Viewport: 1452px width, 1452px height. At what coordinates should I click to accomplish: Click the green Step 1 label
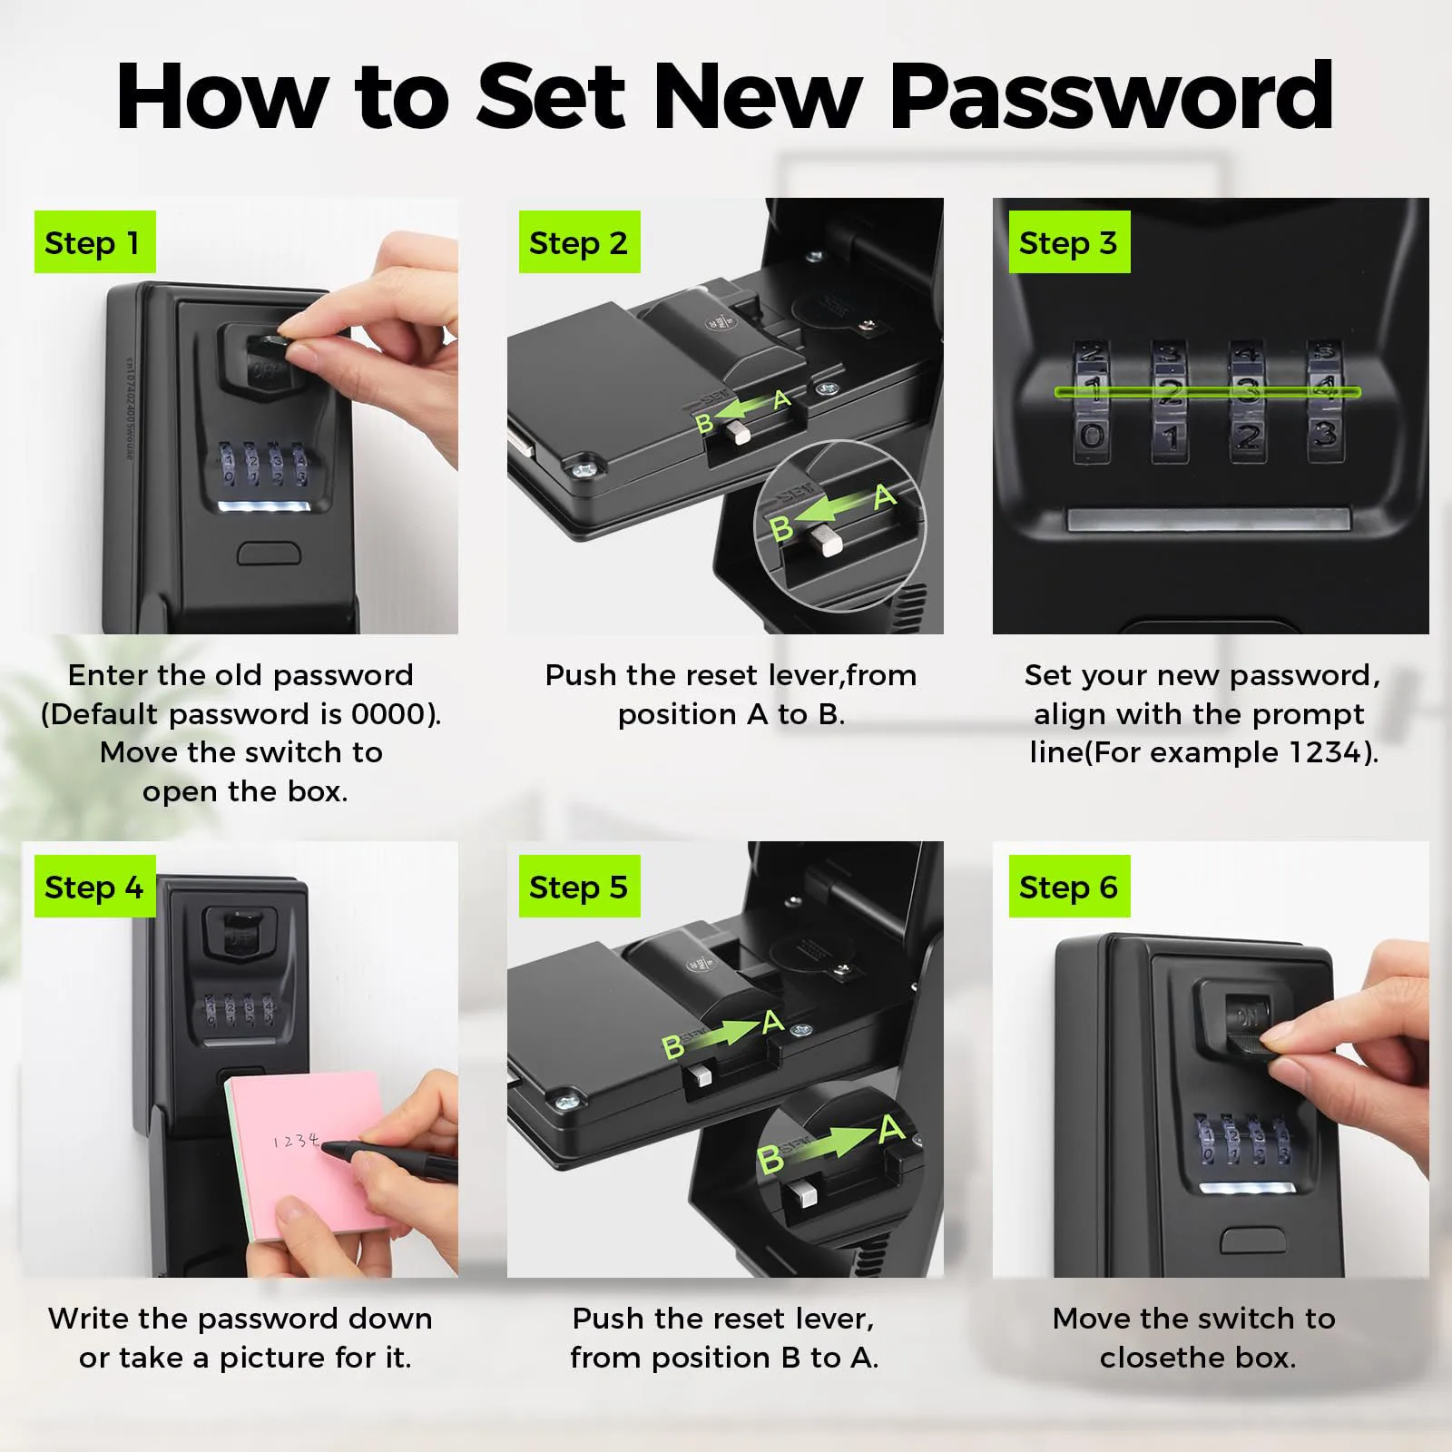pos(94,242)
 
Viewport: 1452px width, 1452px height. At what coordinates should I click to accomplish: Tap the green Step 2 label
pos(579,242)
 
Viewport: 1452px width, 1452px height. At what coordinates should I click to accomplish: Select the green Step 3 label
pos(1069,242)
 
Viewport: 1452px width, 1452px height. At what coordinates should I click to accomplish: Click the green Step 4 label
pos(94,887)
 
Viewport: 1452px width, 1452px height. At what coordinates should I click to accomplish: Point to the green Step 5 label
pos(579,887)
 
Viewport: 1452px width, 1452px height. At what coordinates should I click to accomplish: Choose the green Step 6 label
pos(1069,887)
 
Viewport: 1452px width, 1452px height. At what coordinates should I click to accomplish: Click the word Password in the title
pos(1112,97)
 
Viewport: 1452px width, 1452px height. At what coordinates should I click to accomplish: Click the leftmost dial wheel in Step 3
pos(1093,402)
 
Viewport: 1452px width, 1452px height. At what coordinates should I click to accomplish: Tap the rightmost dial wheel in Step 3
pos(1325,402)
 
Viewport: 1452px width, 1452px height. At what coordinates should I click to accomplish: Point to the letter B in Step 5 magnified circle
pos(770,1159)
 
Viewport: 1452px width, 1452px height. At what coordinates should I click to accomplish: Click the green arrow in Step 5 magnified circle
pos(830,1143)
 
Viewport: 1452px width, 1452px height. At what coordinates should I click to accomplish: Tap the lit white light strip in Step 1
pos(269,505)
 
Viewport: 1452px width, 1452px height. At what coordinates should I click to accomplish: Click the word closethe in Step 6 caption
pos(1162,1358)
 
